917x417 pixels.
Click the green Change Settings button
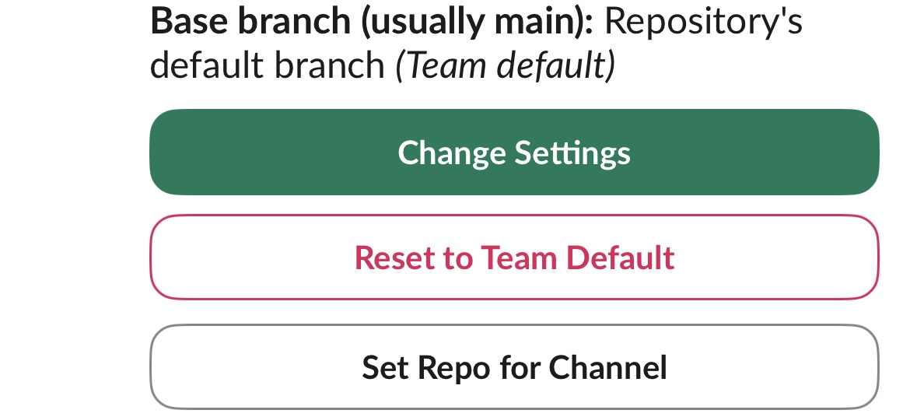click(514, 152)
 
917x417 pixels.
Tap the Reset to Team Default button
click(514, 258)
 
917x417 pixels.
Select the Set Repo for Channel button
click(514, 367)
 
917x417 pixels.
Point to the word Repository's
click(703, 23)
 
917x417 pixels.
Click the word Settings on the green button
click(572, 153)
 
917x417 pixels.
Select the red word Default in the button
click(621, 258)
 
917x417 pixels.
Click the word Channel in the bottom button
click(607, 367)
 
